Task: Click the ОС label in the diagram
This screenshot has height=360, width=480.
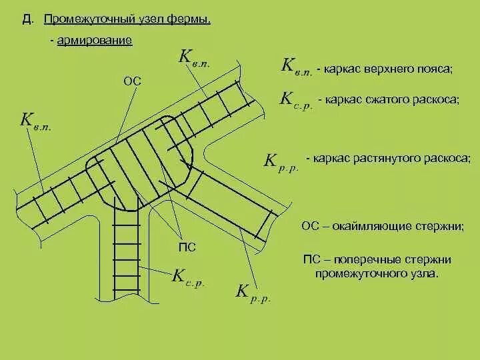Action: pyautogui.click(x=133, y=81)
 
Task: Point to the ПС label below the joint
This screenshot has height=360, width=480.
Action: pyautogui.click(x=189, y=248)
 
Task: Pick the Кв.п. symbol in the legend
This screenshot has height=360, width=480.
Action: pyautogui.click(x=297, y=66)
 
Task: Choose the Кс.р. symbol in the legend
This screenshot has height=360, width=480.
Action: pyautogui.click(x=295, y=101)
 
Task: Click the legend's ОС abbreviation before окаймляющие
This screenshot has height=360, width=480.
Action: pyautogui.click(x=311, y=226)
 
